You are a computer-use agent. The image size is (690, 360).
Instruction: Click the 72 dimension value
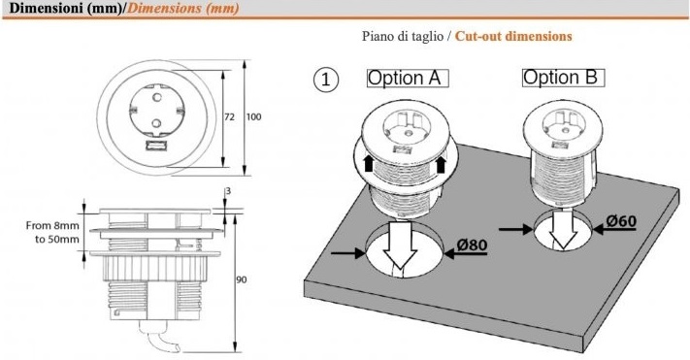[x=230, y=117]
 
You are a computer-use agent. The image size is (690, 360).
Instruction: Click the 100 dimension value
[x=253, y=117]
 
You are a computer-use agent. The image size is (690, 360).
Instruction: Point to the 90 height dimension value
[x=241, y=279]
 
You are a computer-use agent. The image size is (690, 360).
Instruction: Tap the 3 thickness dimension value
[x=228, y=191]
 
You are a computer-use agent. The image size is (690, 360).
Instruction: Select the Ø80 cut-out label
[x=473, y=245]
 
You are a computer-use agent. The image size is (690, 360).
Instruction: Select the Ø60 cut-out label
[x=621, y=221]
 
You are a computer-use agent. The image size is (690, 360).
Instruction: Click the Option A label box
[x=408, y=79]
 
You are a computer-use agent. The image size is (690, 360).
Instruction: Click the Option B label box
[x=564, y=78]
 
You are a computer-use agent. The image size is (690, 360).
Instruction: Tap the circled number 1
[x=326, y=80]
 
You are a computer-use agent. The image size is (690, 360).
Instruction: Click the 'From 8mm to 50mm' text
[x=52, y=232]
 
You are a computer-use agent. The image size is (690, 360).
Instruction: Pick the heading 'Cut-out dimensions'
[x=513, y=36]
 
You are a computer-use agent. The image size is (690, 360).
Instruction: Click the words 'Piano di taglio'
[x=403, y=36]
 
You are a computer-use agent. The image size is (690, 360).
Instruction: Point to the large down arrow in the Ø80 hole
[x=400, y=246]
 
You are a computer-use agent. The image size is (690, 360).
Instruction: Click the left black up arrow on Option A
[x=369, y=164]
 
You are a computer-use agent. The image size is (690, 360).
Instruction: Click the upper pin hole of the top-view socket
[x=156, y=95]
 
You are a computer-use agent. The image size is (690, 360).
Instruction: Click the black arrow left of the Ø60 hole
[x=516, y=229]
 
